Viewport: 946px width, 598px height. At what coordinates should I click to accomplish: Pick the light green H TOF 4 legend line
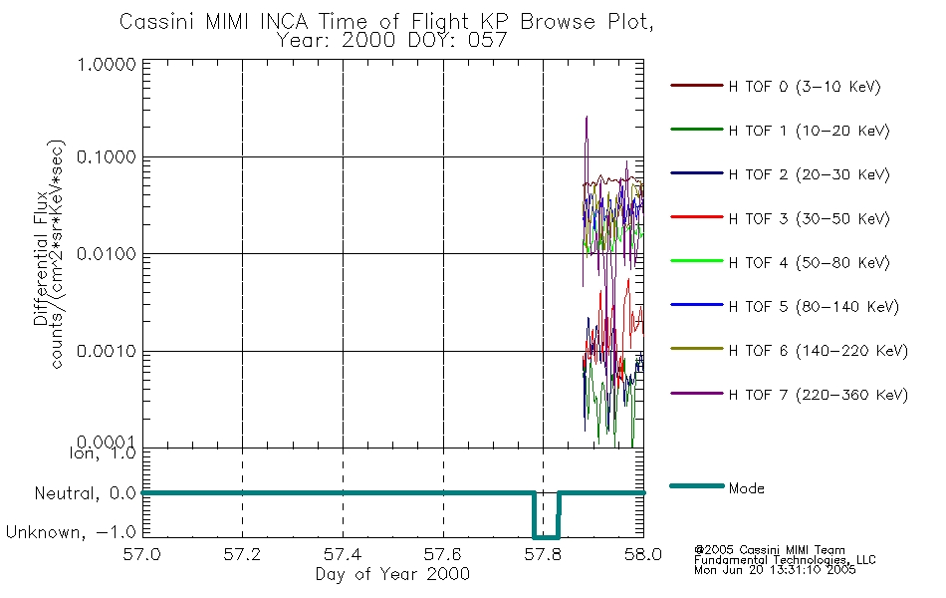pyautogui.click(x=697, y=261)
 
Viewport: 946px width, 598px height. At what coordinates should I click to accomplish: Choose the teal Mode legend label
pyautogui.click(x=746, y=488)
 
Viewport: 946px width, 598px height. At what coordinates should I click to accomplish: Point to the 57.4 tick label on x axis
pyautogui.click(x=343, y=554)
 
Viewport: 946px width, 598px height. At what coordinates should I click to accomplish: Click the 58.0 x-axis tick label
pyautogui.click(x=643, y=554)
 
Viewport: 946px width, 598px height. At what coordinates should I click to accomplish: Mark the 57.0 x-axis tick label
pyautogui.click(x=141, y=554)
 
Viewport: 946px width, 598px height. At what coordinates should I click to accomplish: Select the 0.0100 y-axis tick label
pyautogui.click(x=107, y=254)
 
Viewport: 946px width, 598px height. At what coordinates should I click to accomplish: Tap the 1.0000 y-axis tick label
pyautogui.click(x=107, y=65)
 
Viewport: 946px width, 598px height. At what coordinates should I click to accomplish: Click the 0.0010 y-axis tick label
pyautogui.click(x=107, y=352)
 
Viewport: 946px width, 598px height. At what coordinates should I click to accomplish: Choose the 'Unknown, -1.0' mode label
pyautogui.click(x=71, y=532)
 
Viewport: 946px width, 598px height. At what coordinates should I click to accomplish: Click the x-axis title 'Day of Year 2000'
pyautogui.click(x=392, y=574)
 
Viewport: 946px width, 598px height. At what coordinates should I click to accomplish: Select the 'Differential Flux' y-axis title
pyautogui.click(x=41, y=258)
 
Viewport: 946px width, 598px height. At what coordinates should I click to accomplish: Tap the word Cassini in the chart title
pyautogui.click(x=158, y=22)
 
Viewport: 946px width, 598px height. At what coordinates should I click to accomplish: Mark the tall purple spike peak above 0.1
pyautogui.click(x=587, y=117)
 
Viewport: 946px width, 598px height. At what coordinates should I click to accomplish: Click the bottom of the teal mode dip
pyautogui.click(x=546, y=537)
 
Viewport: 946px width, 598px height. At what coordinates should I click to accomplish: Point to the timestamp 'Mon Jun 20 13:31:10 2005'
pyautogui.click(x=775, y=570)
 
